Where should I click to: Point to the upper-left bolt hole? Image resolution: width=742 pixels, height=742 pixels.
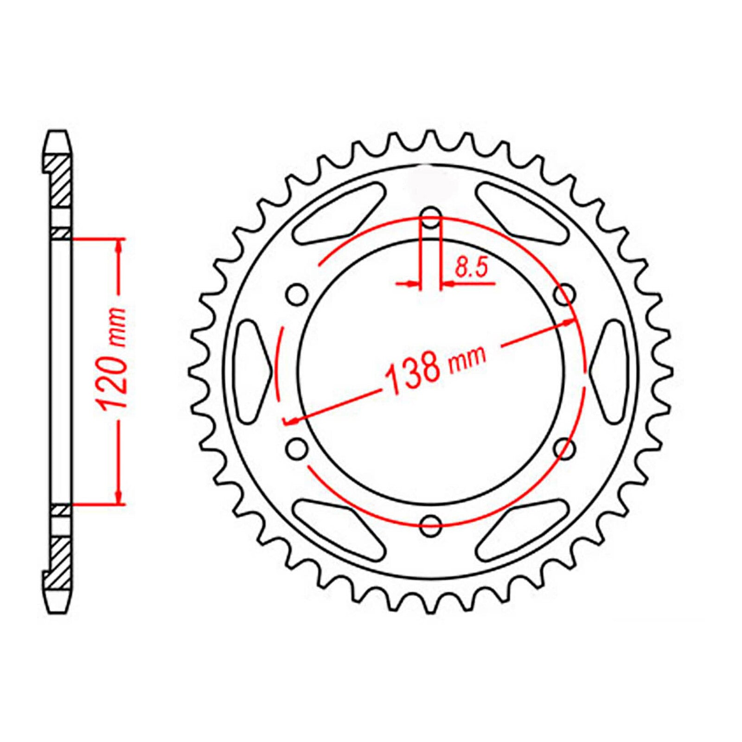point(297,295)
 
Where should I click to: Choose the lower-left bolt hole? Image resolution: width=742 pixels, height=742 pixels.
point(297,448)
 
